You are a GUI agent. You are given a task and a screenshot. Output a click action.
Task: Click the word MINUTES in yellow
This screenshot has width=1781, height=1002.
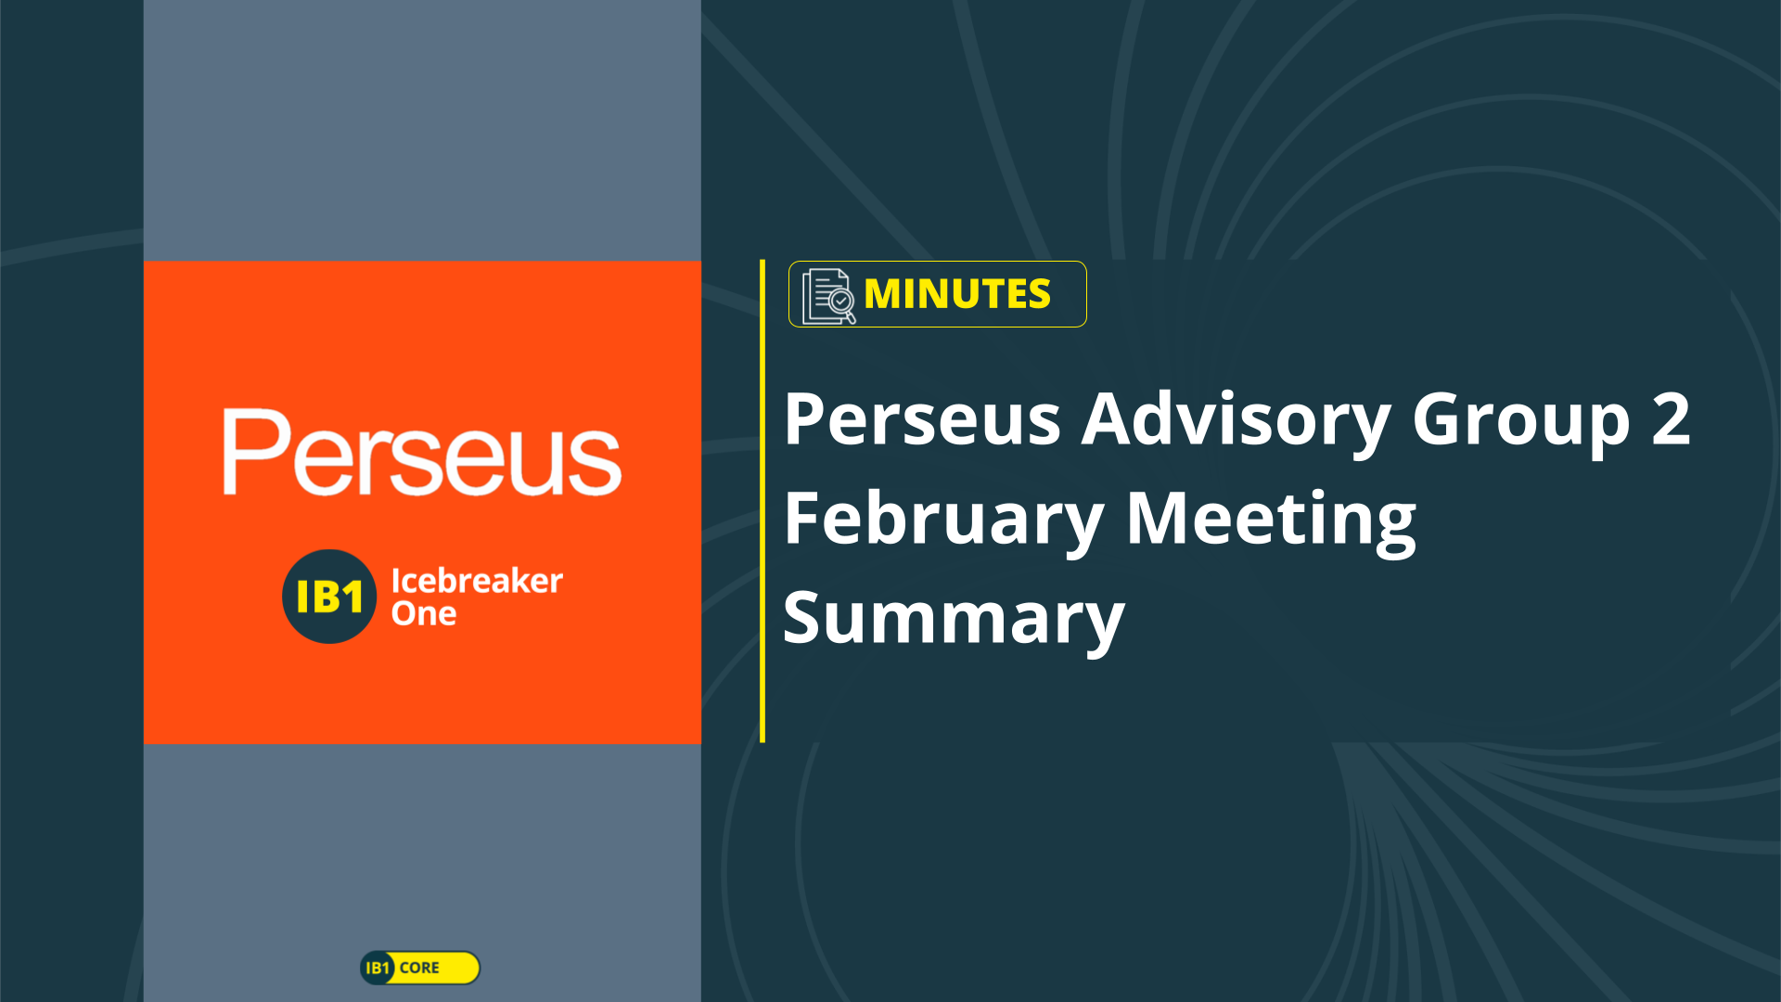tap(957, 294)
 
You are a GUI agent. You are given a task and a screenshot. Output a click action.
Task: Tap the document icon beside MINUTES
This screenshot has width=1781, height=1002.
tap(828, 296)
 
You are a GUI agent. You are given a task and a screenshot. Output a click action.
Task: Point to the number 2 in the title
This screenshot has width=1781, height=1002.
tap(1672, 418)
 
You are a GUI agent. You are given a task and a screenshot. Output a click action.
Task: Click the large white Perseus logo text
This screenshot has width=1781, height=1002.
tap(422, 453)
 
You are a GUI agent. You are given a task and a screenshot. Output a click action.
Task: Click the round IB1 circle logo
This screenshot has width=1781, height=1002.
tap(329, 597)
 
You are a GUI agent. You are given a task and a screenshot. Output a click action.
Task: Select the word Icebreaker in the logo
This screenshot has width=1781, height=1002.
tap(477, 581)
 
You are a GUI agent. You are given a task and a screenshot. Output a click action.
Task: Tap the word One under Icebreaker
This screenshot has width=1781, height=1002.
tap(424, 613)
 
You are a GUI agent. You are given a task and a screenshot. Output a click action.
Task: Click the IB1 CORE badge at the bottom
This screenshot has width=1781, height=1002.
tap(420, 968)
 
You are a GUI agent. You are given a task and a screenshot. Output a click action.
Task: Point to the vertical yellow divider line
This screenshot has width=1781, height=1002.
tap(762, 501)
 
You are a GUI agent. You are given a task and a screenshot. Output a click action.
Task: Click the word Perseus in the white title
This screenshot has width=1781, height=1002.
tap(922, 419)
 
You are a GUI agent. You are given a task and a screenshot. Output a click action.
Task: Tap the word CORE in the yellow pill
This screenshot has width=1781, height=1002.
tap(419, 968)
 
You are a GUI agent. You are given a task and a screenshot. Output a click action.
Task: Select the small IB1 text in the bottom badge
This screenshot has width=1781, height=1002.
tap(378, 968)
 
